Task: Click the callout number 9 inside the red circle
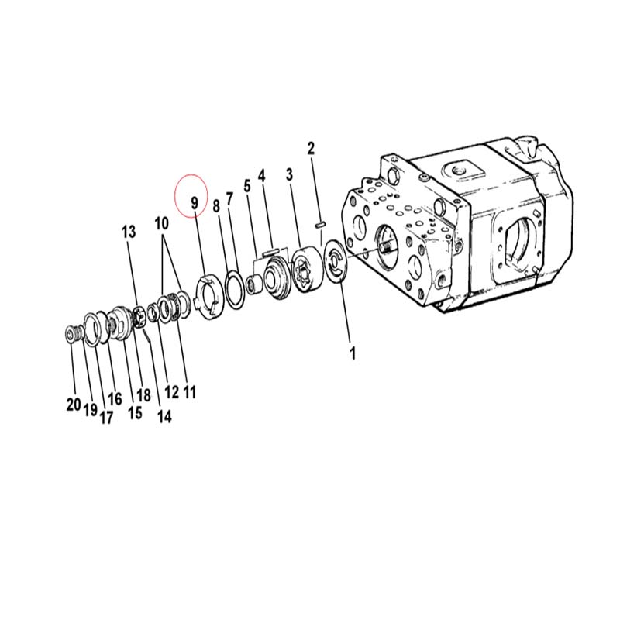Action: [195, 203]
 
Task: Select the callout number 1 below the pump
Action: [353, 353]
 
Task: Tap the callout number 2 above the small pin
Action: [312, 148]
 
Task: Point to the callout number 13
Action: [129, 232]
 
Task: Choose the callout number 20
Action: [74, 405]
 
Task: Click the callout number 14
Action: [164, 416]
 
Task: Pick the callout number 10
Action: [161, 223]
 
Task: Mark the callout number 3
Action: [290, 174]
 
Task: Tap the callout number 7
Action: [230, 199]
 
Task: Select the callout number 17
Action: [106, 418]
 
